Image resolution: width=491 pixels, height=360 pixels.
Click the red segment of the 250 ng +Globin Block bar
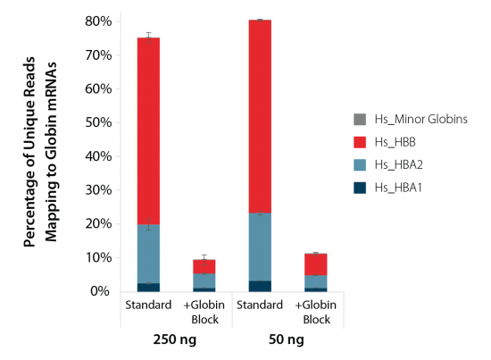(x=204, y=266)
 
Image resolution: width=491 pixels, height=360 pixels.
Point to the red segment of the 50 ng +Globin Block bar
(x=315, y=264)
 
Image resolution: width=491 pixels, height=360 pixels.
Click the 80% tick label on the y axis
(x=98, y=21)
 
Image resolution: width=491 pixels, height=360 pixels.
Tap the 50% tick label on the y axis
(x=98, y=122)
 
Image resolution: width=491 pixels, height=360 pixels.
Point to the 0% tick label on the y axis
(x=102, y=291)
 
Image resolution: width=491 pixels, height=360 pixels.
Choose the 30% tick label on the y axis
(x=98, y=190)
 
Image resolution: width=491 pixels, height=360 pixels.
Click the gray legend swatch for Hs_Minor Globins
(x=360, y=119)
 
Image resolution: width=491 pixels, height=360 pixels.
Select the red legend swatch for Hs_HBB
(x=360, y=142)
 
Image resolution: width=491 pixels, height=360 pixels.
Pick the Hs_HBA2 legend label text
(x=399, y=165)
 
